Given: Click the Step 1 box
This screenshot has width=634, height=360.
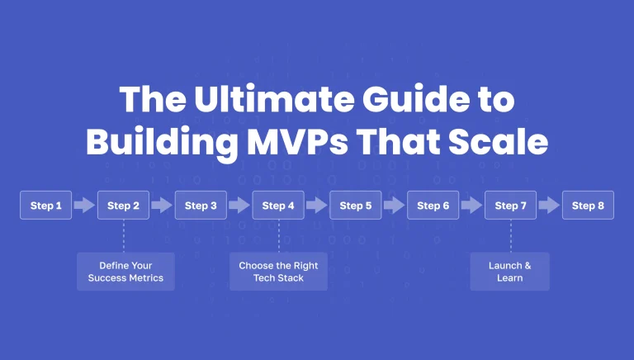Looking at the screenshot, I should [46, 206].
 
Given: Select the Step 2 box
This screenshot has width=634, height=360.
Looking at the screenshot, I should [123, 206].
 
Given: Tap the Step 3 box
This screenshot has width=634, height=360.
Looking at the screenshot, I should [201, 206].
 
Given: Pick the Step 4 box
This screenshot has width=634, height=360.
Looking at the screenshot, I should [278, 206].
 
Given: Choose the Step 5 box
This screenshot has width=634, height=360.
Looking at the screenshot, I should [356, 206].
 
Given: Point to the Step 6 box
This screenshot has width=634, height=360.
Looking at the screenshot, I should [433, 206].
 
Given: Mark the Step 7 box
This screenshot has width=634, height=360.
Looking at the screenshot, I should [510, 206].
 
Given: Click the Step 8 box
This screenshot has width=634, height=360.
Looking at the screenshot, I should [588, 206].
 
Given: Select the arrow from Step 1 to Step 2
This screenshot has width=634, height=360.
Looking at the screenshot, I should [84, 206].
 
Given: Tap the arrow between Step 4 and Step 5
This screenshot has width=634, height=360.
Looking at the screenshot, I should [317, 206].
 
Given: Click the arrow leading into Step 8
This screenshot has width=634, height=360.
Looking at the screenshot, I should [549, 206].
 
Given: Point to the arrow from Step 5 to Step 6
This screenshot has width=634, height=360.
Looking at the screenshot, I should [395, 206].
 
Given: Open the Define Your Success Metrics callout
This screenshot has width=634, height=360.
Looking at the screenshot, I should [125, 272].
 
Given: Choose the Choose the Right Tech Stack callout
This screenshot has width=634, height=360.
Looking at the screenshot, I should [278, 272].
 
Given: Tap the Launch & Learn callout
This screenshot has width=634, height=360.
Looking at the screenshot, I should [509, 272].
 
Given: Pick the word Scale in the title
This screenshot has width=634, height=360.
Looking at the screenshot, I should [503, 142].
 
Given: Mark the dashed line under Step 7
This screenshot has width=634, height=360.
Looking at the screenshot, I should [510, 236].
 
